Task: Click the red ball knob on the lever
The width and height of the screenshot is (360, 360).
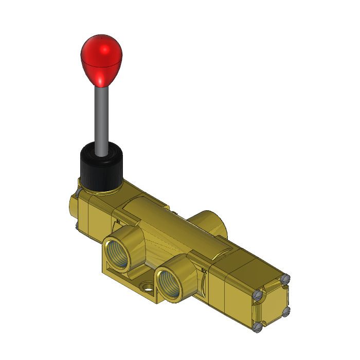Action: coord(102,57)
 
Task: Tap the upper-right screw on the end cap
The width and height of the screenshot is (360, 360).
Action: coord(286,278)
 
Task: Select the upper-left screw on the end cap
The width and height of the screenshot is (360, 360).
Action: coord(259,295)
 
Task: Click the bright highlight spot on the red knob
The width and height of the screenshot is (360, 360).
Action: coord(105,49)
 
